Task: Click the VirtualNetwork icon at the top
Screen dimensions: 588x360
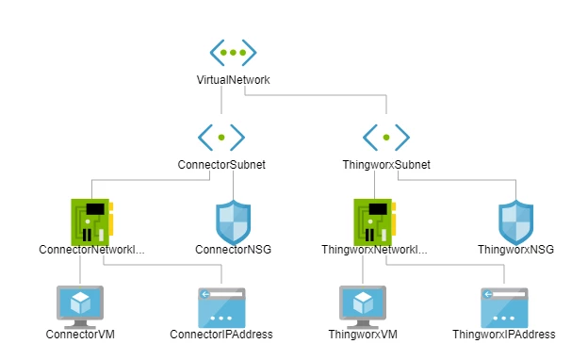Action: click(233, 53)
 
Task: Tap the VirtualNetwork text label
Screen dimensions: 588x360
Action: click(233, 80)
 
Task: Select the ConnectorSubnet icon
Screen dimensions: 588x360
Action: click(221, 138)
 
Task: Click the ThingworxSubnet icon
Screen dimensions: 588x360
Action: click(386, 138)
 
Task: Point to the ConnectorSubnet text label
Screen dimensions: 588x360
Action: click(221, 165)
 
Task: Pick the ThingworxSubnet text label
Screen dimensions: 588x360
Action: click(386, 165)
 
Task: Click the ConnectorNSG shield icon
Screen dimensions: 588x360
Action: click(234, 222)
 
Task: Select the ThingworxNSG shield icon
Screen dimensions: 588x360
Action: click(515, 222)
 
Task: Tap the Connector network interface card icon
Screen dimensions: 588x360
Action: click(92, 222)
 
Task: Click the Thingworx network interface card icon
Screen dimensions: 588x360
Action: click(375, 222)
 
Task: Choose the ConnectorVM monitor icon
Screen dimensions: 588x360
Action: click(80, 306)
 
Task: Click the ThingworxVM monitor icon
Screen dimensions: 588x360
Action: click(363, 306)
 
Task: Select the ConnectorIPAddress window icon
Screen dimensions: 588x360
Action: click(221, 307)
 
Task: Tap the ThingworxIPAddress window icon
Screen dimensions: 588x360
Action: click(504, 307)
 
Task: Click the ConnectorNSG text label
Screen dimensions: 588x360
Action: click(234, 250)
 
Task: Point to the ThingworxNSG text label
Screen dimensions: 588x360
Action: click(515, 250)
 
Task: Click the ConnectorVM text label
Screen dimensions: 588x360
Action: click(80, 335)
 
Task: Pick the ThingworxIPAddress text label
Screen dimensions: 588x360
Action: click(504, 335)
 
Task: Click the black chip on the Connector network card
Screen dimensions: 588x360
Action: click(95, 209)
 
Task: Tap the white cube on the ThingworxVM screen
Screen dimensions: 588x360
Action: click(363, 303)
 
